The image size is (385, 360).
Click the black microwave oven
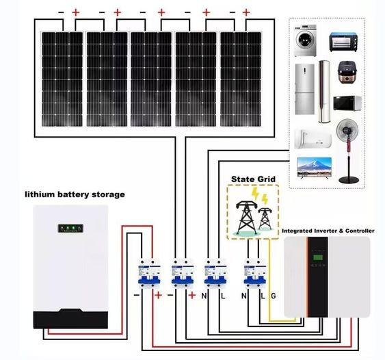tap(345, 105)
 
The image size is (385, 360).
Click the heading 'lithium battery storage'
tap(75, 194)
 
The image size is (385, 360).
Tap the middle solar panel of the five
tap(150, 79)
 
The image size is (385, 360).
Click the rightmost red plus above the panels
tap(245, 12)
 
